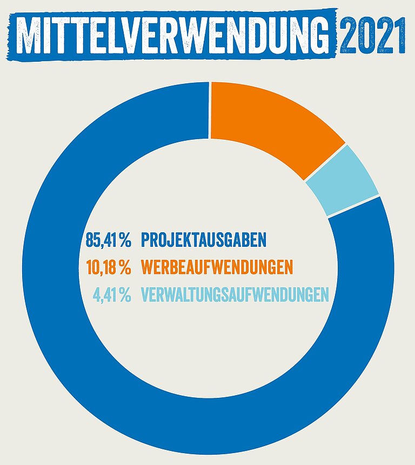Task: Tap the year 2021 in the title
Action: click(373, 35)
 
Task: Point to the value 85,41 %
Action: click(108, 239)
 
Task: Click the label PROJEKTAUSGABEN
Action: click(204, 239)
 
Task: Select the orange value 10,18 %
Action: click(108, 267)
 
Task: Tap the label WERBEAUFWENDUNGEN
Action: click(217, 267)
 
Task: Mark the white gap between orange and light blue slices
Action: click(325, 162)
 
